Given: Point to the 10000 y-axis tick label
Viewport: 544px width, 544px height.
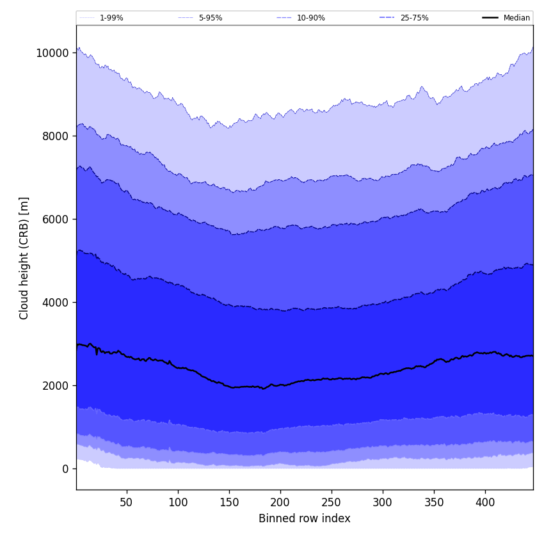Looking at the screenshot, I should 52,52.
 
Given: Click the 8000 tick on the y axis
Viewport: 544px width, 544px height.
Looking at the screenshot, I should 56,136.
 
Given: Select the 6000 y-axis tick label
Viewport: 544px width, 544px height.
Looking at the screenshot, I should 56,219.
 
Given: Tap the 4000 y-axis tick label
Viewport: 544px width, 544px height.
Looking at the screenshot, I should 56,302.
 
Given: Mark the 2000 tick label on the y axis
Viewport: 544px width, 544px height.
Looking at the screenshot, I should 56,385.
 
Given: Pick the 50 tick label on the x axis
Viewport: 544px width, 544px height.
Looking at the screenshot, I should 127,502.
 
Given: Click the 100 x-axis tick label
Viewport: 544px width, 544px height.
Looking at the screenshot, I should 178,502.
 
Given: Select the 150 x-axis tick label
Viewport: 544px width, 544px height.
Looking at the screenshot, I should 229,502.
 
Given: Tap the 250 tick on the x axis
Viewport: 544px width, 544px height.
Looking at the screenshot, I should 332,502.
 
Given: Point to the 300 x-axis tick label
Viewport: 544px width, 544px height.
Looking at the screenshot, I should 383,502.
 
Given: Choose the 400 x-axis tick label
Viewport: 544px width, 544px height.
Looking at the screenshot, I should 485,502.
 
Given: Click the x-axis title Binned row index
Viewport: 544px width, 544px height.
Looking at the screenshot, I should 305,518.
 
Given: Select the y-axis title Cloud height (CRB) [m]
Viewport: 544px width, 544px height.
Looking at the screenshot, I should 24,258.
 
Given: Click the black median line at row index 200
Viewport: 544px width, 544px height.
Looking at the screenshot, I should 280,385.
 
